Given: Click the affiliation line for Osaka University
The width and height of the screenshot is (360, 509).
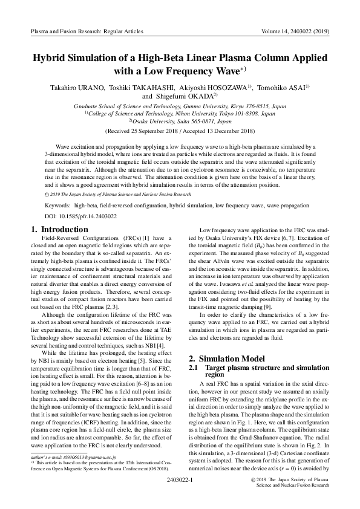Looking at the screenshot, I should tap(180, 120).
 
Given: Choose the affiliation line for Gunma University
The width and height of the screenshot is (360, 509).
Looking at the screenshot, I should tap(180, 105).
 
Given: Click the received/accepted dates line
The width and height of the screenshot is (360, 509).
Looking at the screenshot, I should tap(180, 131).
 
